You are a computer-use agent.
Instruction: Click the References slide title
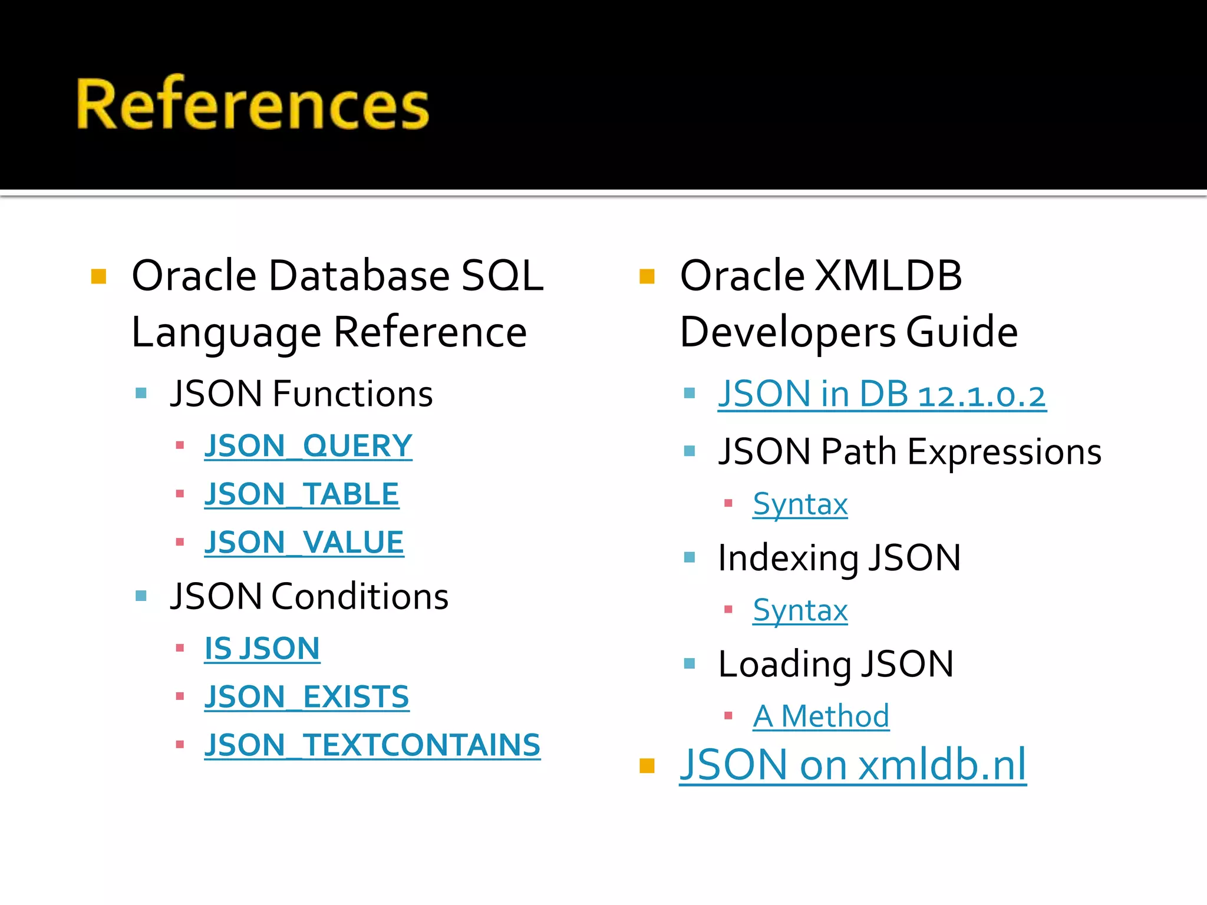point(252,104)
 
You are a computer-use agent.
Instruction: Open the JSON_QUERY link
point(308,446)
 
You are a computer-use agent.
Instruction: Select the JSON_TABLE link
point(301,494)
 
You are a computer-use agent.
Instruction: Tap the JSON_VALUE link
point(304,543)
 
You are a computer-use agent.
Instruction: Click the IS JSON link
point(262,649)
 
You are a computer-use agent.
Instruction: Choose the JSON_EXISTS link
point(306,698)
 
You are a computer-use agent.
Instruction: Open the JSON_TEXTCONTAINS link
point(372,745)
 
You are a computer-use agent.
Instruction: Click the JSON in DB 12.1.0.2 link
point(882,394)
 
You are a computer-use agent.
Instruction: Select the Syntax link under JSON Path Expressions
point(800,504)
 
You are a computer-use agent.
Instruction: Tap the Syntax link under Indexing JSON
point(800,610)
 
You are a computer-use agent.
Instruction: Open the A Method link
point(821,716)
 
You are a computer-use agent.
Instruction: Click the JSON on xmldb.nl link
point(852,765)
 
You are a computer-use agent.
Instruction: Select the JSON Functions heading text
point(301,394)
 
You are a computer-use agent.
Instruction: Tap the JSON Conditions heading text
point(309,596)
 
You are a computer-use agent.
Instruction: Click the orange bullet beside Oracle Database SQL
point(98,276)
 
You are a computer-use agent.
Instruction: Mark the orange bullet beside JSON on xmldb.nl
point(647,765)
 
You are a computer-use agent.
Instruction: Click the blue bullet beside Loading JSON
point(690,664)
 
